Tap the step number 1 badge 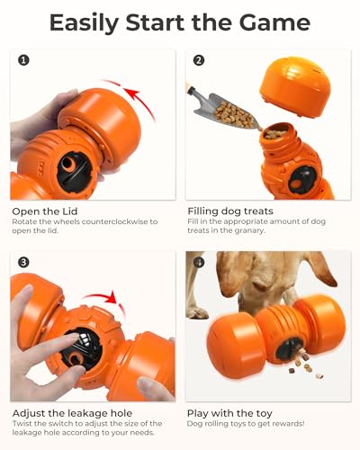(x=22, y=61)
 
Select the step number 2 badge (x=199, y=61)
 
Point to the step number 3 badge (x=22, y=262)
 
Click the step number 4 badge (x=199, y=262)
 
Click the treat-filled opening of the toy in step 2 (x=275, y=134)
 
